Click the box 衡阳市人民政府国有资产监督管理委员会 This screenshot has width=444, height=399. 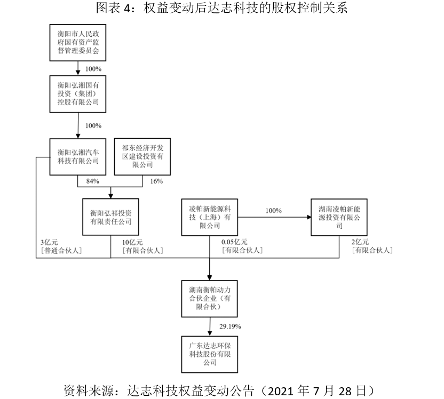(x=78, y=43)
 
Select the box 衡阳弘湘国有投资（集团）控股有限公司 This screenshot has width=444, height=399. (x=78, y=94)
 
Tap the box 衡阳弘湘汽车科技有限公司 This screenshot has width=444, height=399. (x=78, y=157)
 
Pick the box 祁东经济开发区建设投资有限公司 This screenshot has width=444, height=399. (x=142, y=156)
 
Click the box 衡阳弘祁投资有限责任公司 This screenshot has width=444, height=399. (x=110, y=217)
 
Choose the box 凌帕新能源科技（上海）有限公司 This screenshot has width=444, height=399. (x=210, y=217)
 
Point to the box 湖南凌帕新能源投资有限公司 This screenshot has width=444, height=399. (x=339, y=217)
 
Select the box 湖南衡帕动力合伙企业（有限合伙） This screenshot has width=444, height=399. (x=210, y=299)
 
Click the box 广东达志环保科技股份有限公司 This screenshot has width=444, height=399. (x=210, y=354)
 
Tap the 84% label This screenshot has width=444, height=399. (x=93, y=181)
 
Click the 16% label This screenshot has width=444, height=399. (x=156, y=181)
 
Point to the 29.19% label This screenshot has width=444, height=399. (x=230, y=326)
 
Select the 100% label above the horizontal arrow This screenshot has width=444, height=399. (x=274, y=211)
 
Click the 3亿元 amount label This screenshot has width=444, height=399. (x=49, y=242)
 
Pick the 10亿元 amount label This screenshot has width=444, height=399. (x=132, y=242)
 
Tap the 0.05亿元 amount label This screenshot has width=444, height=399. (x=234, y=242)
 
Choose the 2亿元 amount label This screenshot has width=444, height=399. (x=360, y=242)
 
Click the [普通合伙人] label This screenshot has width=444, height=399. (x=61, y=251)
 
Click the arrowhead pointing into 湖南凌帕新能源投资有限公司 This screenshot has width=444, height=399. (x=309, y=217)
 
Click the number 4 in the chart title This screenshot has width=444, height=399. (x=127, y=8)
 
